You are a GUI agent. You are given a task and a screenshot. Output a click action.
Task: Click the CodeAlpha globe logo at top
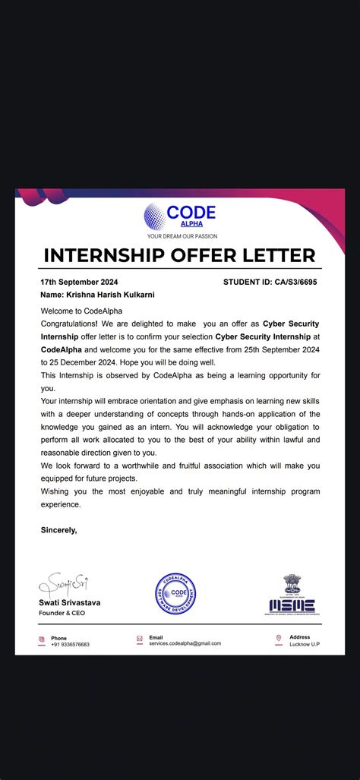pos(154,216)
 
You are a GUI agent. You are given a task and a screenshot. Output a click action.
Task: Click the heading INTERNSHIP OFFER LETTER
pos(179,255)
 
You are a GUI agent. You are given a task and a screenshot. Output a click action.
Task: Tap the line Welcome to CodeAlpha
pos(81,311)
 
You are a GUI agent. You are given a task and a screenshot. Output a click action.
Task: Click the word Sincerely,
pos(58,530)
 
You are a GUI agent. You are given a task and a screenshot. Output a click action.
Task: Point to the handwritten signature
pos(65,584)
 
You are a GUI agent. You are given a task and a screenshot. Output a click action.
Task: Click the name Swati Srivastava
pos(70,602)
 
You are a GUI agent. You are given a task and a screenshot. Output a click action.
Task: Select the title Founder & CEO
pos(62,612)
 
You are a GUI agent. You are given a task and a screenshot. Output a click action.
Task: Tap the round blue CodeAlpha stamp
pos(175,594)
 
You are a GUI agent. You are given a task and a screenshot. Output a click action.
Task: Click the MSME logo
pos(292,606)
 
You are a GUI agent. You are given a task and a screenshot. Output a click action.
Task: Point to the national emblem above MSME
pos(292,583)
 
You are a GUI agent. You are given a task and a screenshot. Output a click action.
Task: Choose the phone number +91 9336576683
pos(70,644)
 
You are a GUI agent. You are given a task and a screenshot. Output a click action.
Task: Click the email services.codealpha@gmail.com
pos(185,643)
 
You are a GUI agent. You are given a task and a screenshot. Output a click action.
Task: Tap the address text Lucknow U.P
pos(305,644)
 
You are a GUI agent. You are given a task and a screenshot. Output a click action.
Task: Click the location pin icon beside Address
pos(279,639)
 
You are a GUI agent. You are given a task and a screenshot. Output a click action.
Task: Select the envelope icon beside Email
pos(139,639)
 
